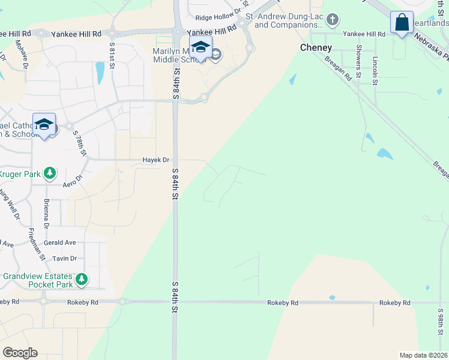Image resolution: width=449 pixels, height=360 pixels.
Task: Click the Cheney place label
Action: [x=316, y=47]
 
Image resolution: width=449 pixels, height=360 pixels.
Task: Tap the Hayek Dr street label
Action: [x=156, y=160]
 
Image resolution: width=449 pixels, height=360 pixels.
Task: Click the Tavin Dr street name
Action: [x=65, y=259]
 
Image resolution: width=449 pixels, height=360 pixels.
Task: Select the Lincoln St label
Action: [x=375, y=68]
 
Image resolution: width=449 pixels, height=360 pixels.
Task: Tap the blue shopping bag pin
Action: [x=401, y=23]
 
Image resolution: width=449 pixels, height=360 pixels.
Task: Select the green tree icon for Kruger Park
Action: [x=50, y=174]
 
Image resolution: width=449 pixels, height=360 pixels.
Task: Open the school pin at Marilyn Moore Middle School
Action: [x=200, y=47]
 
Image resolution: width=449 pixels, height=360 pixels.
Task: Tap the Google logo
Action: [x=20, y=353]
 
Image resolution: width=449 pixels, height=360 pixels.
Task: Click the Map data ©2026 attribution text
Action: [x=423, y=355]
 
